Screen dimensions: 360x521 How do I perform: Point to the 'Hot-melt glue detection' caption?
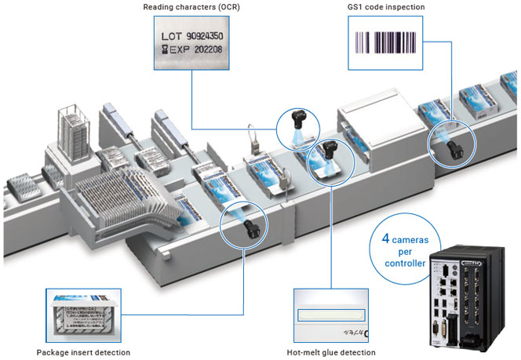330,352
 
